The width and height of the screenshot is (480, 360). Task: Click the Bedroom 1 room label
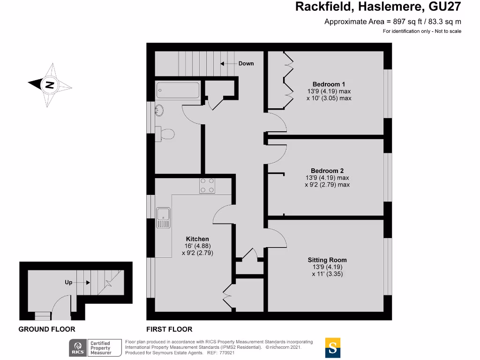tap(329, 84)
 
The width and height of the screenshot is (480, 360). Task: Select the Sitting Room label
tap(327, 260)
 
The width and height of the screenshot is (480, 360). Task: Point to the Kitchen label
tap(197, 239)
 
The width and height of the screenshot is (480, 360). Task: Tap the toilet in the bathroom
tap(166, 134)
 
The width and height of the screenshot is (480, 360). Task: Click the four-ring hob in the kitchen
tap(208, 186)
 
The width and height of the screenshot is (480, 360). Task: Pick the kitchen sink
tap(164, 217)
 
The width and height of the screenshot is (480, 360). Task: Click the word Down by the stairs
tap(246, 63)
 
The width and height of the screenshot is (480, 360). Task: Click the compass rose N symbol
tap(49, 85)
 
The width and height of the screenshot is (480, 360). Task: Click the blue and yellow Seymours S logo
tap(333, 348)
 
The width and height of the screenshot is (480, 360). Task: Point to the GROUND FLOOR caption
tap(46, 330)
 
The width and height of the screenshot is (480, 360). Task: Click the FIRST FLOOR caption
tap(169, 330)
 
